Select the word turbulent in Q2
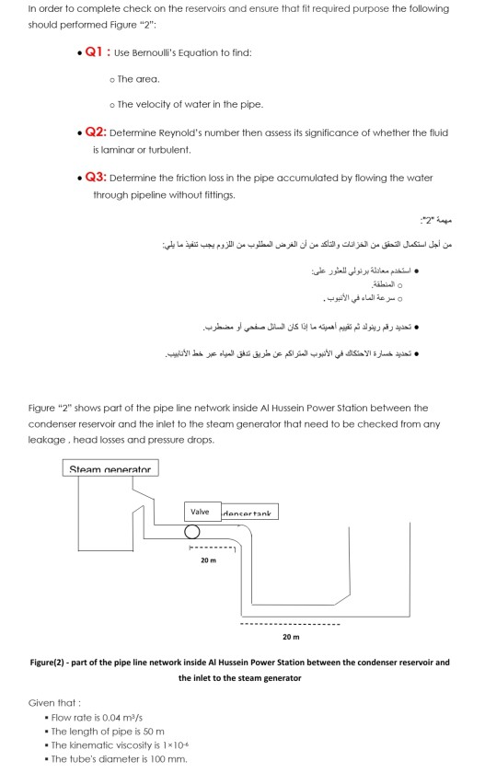point(168,148)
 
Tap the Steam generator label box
point(111,469)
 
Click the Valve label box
point(200,511)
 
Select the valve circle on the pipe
point(191,532)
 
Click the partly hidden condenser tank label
point(249,512)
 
